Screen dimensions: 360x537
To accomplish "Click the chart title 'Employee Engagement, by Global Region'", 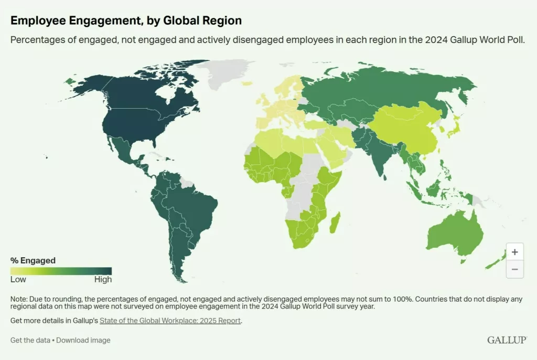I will click(126, 20).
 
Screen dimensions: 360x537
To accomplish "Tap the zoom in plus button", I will click(514, 252).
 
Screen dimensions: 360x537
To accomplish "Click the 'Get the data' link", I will click(30, 340).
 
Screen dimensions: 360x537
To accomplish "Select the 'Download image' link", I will click(83, 340).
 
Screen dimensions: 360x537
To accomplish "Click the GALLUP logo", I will click(507, 340).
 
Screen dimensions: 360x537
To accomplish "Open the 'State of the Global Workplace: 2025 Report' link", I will click(170, 321).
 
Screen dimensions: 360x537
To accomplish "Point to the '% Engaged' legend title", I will click(33, 260).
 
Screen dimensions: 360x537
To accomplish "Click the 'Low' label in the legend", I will click(18, 280).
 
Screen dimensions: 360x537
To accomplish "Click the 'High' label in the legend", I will click(103, 280).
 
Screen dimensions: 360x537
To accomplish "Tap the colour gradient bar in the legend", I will click(61, 271).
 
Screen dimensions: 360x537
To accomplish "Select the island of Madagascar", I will click(334, 223).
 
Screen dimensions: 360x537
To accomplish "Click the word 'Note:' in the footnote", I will click(19, 299).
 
